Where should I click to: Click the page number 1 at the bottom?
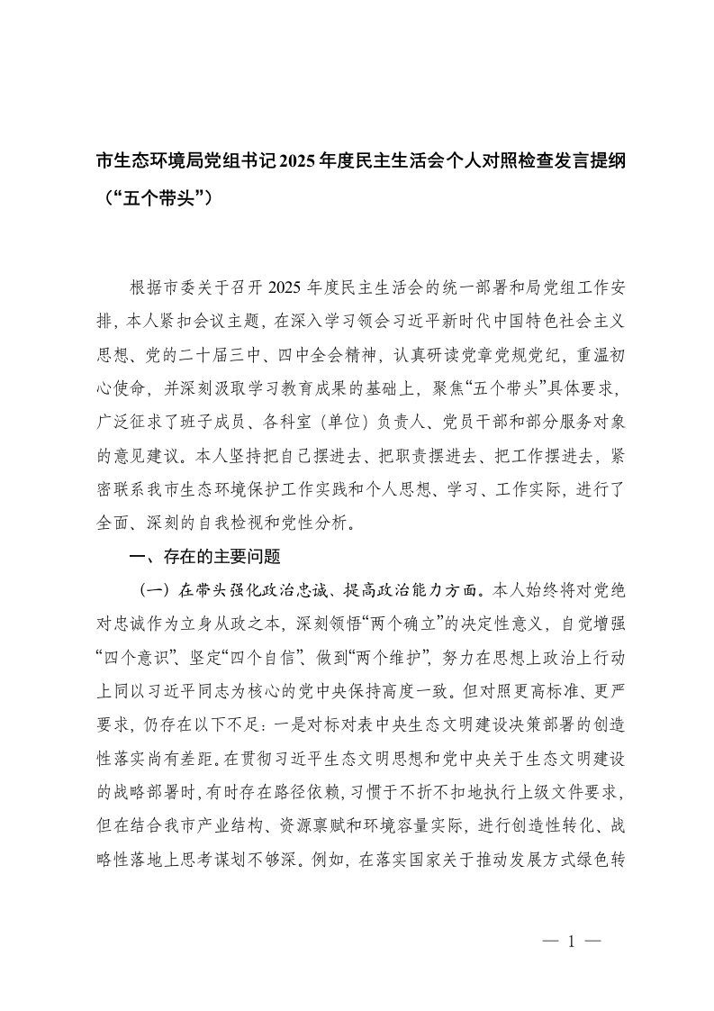pos(571,940)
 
